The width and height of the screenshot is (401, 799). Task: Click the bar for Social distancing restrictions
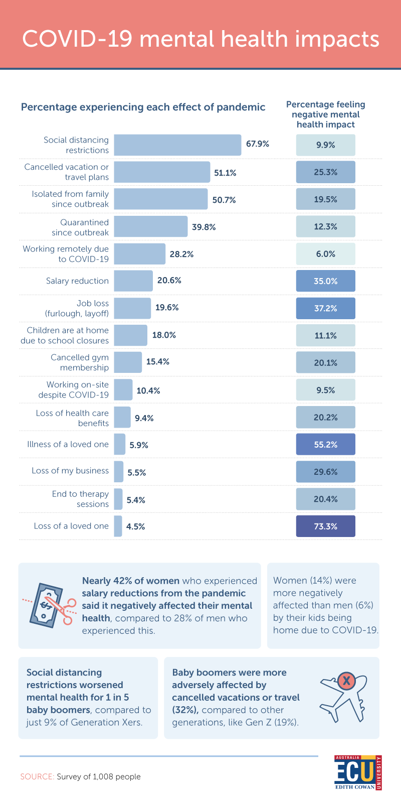[177, 145]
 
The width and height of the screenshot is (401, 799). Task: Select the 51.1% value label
[225, 173]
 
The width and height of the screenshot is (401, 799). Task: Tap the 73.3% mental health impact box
[325, 526]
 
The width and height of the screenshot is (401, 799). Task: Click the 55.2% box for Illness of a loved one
[325, 444]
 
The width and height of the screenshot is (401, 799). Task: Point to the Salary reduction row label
[77, 281]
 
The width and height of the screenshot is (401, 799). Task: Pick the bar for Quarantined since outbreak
[150, 227]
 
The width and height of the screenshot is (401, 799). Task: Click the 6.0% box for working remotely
[325, 254]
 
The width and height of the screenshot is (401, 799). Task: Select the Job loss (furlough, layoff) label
[77, 308]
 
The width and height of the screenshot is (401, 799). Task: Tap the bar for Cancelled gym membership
[127, 362]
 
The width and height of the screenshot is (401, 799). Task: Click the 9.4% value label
[144, 418]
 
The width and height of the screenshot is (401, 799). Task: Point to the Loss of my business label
[70, 471]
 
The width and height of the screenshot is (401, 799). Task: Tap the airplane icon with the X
[343, 698]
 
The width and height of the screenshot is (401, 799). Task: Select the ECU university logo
[358, 772]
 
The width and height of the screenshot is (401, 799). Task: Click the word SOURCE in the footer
[37, 776]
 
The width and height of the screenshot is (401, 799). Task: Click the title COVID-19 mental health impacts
[200, 39]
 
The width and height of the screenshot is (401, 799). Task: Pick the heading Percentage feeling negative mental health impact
[325, 114]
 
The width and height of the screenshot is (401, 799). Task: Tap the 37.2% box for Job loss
[325, 308]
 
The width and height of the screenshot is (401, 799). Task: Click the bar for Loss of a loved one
[118, 526]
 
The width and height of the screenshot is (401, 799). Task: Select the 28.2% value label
[181, 254]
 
